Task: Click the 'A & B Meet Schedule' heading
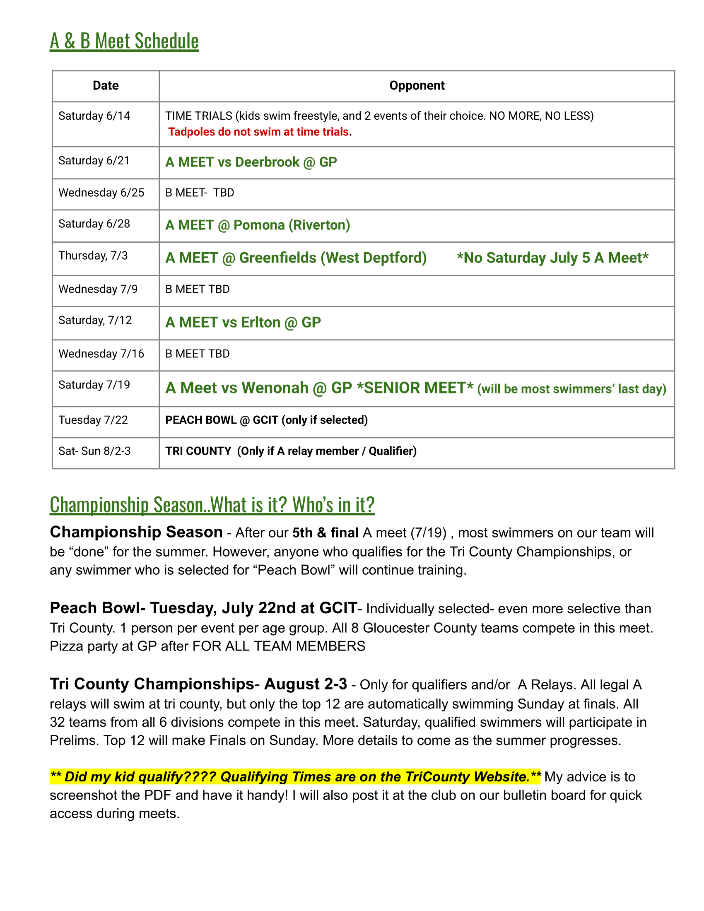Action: pos(124,41)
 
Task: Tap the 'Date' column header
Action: pos(106,86)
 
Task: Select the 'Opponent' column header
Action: pos(417,86)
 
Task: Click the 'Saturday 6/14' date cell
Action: pos(94,116)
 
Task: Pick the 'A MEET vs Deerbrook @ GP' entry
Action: pos(251,162)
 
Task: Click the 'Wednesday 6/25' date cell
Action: pos(101,193)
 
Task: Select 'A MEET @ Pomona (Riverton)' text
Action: pos(257,225)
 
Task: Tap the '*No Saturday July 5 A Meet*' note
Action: pos(552,258)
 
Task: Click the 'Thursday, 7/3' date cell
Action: pos(93,255)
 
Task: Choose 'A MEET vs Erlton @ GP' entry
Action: pos(243,323)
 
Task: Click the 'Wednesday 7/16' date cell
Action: pos(101,354)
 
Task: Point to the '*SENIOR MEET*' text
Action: pos(415,388)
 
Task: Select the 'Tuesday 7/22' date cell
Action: pos(93,420)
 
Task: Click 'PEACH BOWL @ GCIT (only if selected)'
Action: pos(266,420)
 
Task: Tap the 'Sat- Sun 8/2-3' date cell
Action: pos(94,451)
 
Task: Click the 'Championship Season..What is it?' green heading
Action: pos(212,505)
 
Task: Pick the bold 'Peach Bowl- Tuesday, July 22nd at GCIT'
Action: pos(203,608)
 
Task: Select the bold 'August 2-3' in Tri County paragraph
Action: pos(305,684)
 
